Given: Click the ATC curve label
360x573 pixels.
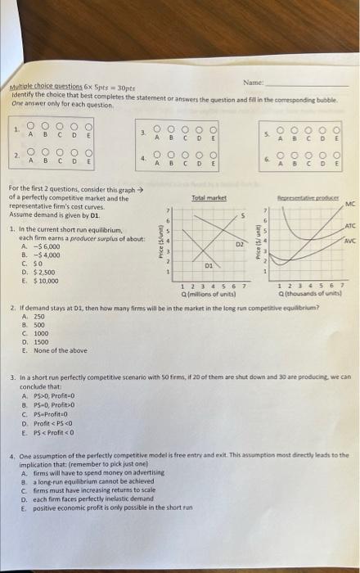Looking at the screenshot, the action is coord(349,226).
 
